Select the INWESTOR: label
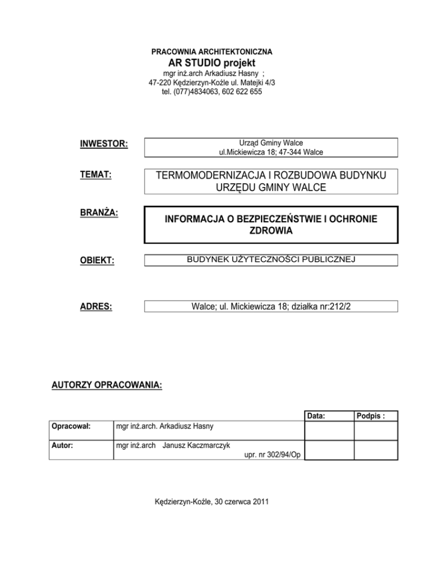coord(104,144)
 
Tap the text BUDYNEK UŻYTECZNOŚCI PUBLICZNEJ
coord(271,261)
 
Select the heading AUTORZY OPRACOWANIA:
coord(106,386)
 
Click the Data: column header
coord(316,416)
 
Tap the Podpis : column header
coord(375,416)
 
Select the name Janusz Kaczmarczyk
coord(196,446)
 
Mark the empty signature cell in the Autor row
coord(376,450)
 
